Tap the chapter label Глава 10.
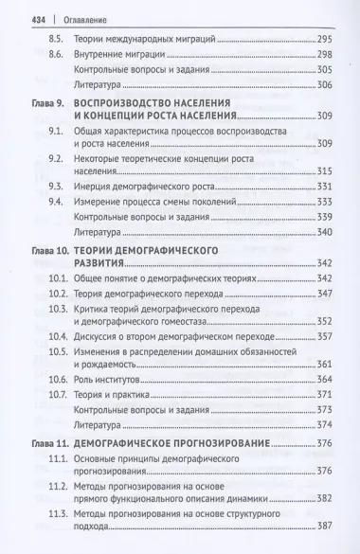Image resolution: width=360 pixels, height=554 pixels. [45, 249]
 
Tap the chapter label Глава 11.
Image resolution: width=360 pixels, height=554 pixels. [45, 443]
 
